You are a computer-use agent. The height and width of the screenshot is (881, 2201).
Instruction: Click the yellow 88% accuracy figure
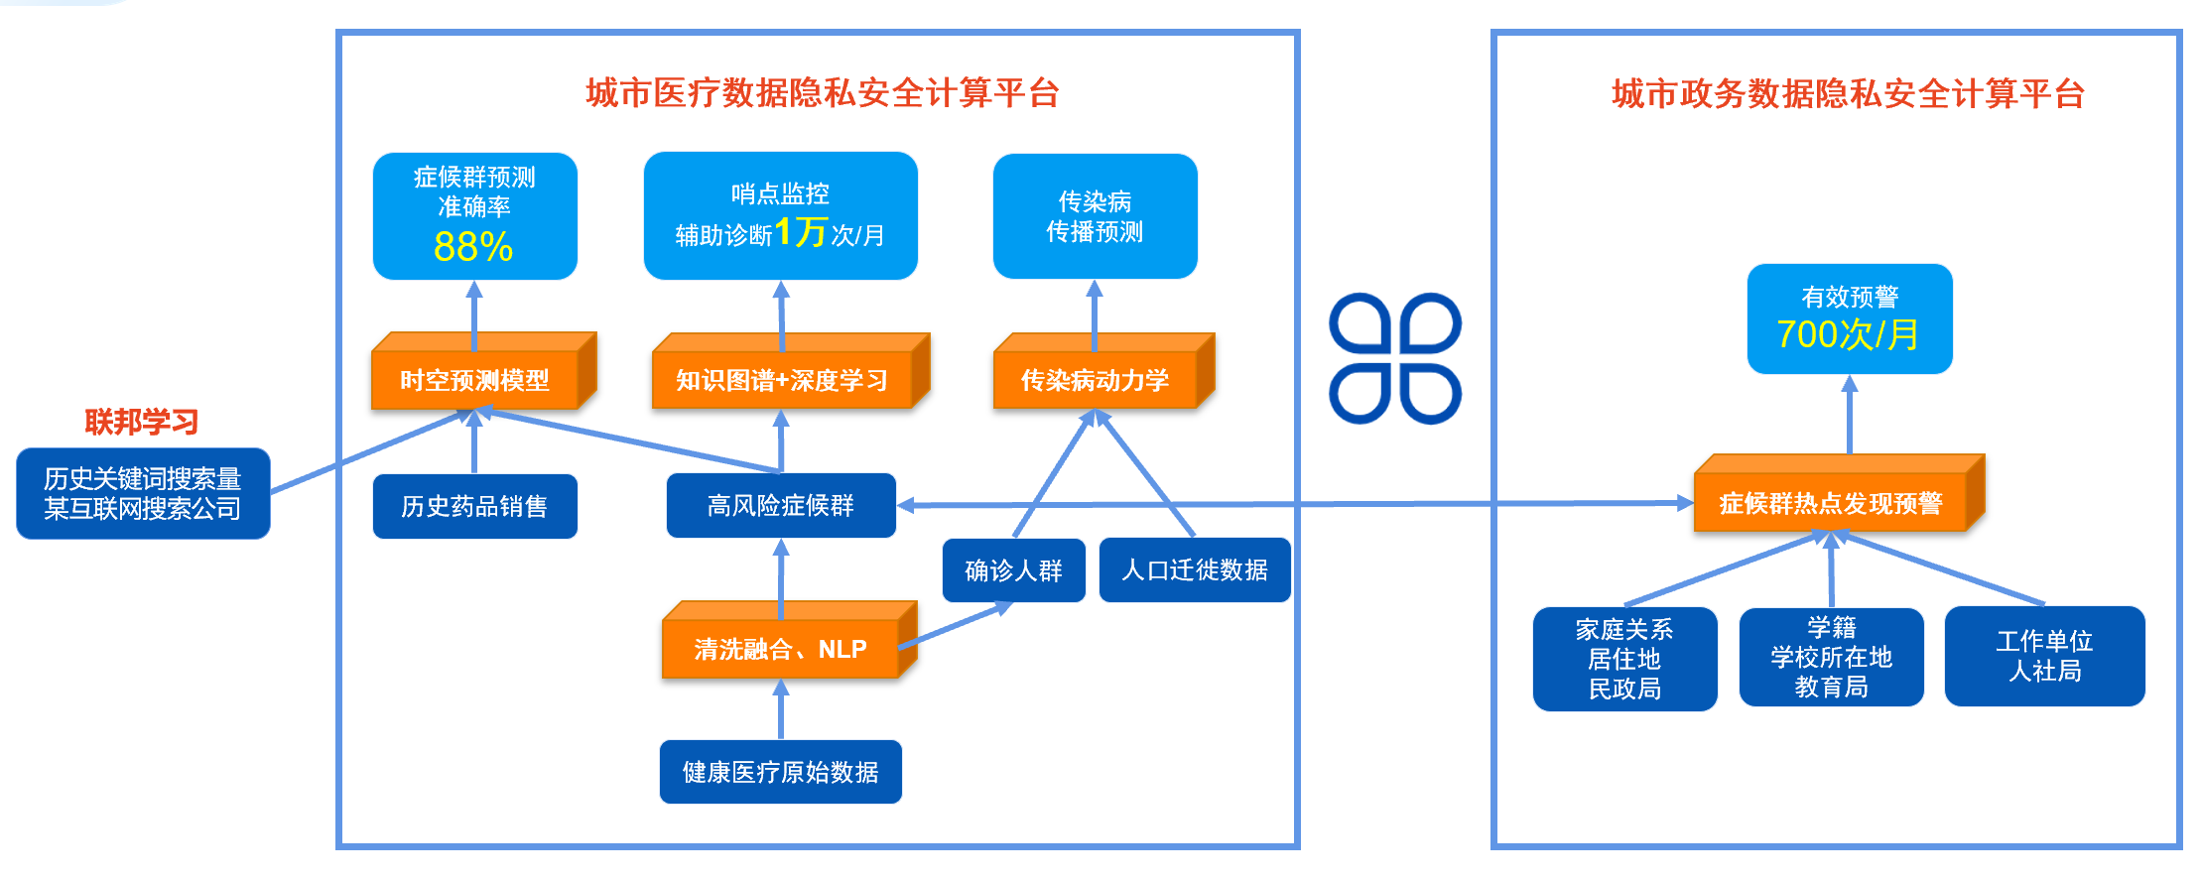click(473, 246)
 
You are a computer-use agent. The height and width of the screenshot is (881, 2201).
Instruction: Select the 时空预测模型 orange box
click(474, 380)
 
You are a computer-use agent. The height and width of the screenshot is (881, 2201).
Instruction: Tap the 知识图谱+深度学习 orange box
click(782, 380)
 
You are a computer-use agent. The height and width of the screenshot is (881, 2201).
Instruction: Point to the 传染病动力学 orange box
click(1095, 380)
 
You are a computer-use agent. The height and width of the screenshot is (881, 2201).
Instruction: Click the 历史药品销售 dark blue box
click(474, 506)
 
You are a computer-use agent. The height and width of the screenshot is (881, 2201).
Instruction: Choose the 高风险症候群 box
click(781, 506)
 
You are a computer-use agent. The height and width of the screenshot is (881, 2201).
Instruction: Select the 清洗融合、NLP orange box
click(781, 649)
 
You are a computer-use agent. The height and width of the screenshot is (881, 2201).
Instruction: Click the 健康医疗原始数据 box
click(781, 772)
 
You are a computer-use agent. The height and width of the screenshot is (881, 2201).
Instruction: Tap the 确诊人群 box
click(1013, 570)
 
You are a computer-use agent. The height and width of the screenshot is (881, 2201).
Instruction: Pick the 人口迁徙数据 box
click(1195, 570)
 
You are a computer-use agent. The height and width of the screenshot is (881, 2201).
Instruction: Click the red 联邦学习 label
click(141, 422)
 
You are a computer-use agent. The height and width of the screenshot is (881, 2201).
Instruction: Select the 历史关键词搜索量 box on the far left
click(143, 493)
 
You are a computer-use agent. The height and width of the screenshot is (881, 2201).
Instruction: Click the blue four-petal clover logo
click(1394, 358)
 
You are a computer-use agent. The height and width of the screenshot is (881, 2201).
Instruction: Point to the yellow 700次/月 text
click(1848, 334)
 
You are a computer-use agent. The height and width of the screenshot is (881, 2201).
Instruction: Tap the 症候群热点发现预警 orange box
click(1830, 503)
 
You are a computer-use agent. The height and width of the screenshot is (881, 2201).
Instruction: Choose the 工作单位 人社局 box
click(2044, 656)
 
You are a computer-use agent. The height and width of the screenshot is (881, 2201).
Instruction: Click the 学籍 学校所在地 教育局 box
click(1831, 657)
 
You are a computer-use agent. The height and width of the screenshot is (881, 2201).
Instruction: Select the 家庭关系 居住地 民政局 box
click(1624, 659)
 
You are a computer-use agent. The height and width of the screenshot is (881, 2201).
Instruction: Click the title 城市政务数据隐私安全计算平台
click(1848, 94)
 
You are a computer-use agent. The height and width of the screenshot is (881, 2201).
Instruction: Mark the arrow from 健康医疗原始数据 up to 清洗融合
click(781, 710)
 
